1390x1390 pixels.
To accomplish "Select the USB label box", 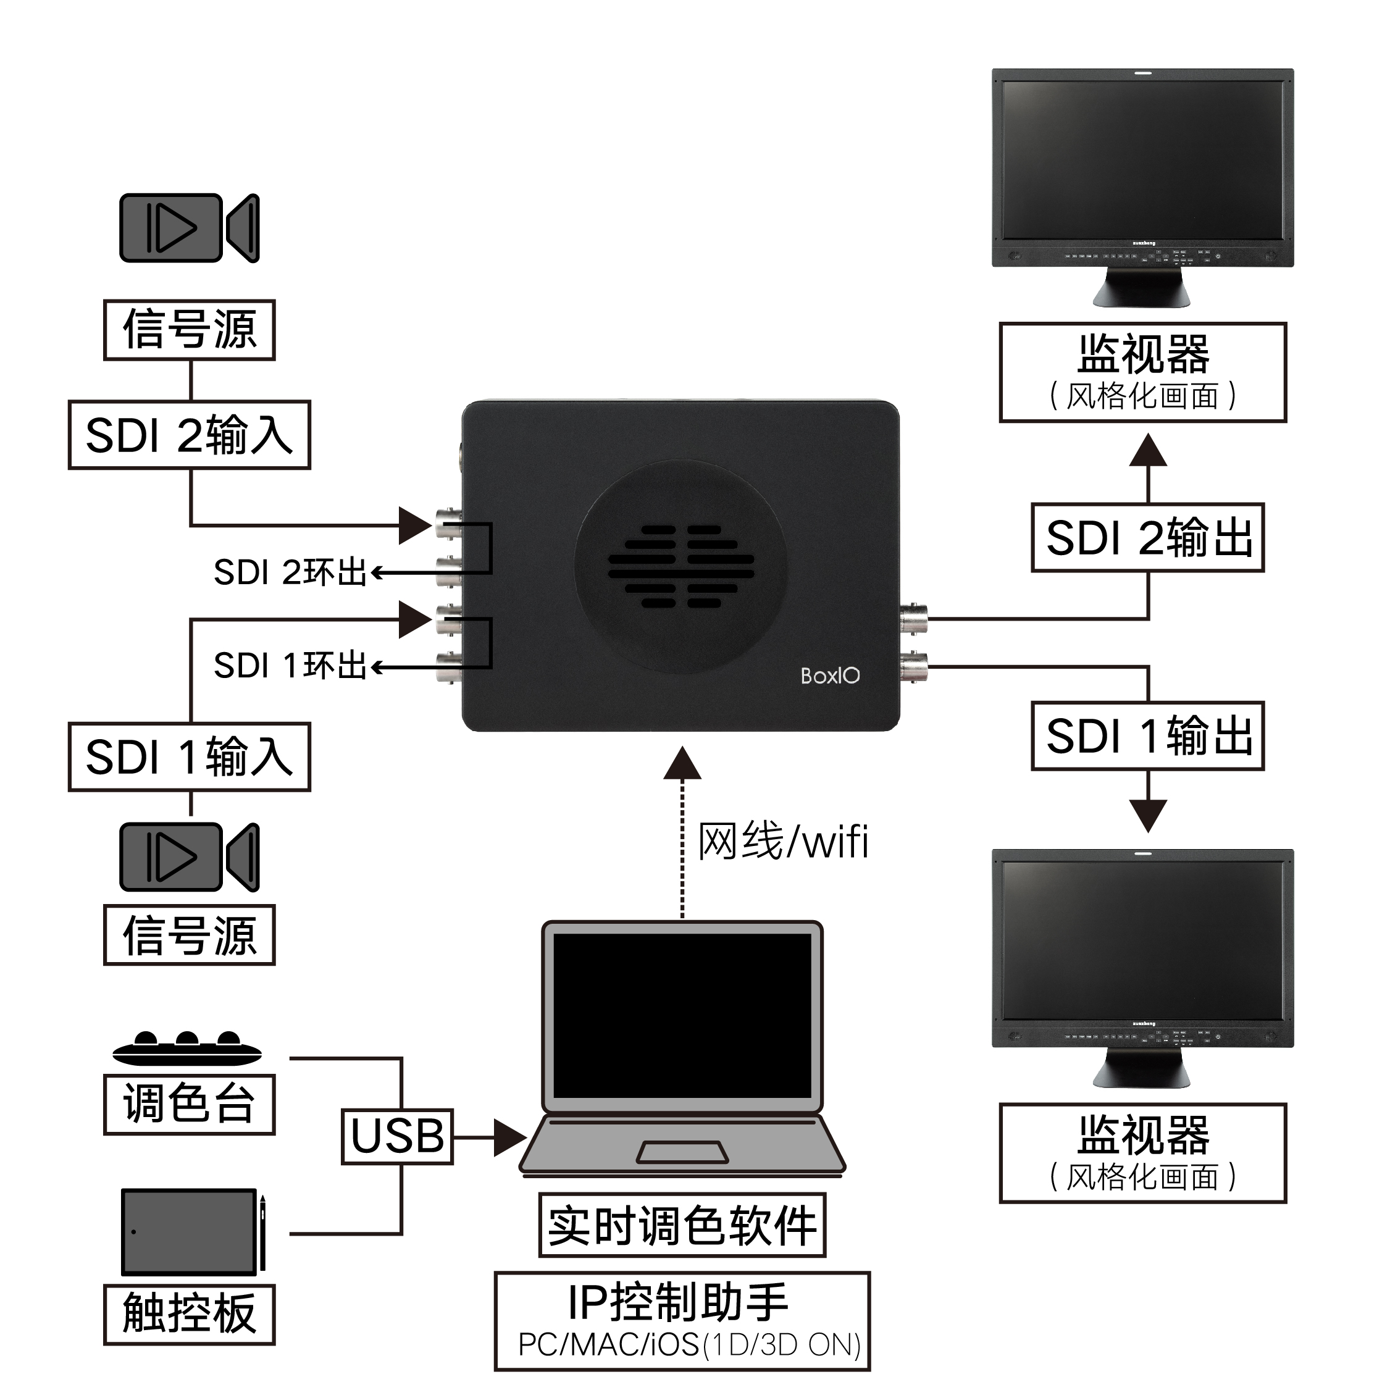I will pyautogui.click(x=397, y=1137).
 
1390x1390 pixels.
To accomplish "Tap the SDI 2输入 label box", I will pyautogui.click(x=189, y=435).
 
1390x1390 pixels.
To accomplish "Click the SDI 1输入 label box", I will pyautogui.click(x=189, y=757).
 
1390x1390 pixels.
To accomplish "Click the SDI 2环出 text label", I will pyautogui.click(x=290, y=572).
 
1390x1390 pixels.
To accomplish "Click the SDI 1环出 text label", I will pyautogui.click(x=290, y=666).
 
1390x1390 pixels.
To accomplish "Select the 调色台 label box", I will pyautogui.click(x=189, y=1104).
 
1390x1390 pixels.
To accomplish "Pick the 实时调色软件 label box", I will pyautogui.click(x=682, y=1225).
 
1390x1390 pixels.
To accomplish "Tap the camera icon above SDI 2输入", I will pyautogui.click(x=189, y=228).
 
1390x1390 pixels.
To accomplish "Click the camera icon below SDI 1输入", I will pyautogui.click(x=189, y=857).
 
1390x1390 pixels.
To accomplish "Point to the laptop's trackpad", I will pyautogui.click(x=682, y=1152).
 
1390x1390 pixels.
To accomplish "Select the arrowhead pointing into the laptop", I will pyautogui.click(x=509, y=1138).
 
